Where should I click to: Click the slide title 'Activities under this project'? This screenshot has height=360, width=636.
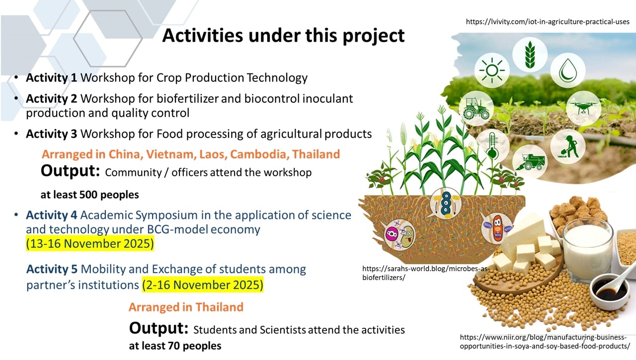pyautogui.click(x=283, y=35)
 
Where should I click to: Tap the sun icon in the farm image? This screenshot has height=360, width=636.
pyautogui.click(x=492, y=71)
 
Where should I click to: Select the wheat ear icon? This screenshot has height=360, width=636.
pyautogui.click(x=530, y=55)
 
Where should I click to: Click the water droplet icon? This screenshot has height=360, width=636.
pyautogui.click(x=568, y=70)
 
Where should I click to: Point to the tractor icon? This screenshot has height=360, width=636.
pyautogui.click(x=476, y=108)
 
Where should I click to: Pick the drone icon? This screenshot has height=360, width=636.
pyautogui.click(x=583, y=108)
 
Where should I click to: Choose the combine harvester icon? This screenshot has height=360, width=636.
pyautogui.click(x=530, y=162)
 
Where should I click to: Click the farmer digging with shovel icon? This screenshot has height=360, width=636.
pyautogui.click(x=568, y=146)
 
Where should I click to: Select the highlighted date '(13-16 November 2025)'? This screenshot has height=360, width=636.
pyautogui.click(x=90, y=243)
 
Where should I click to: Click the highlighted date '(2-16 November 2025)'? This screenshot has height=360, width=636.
pyautogui.click(x=203, y=285)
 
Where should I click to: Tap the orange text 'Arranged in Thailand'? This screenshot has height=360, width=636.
pyautogui.click(x=186, y=307)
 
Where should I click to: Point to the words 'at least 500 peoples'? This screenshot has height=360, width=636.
pyautogui.click(x=90, y=195)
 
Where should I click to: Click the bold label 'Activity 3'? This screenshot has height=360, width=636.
pyautogui.click(x=51, y=134)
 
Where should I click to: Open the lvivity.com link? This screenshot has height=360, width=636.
pyautogui.click(x=548, y=21)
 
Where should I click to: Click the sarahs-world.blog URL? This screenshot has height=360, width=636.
pyautogui.click(x=426, y=273)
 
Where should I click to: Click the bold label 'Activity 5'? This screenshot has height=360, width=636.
pyautogui.click(x=52, y=269)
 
